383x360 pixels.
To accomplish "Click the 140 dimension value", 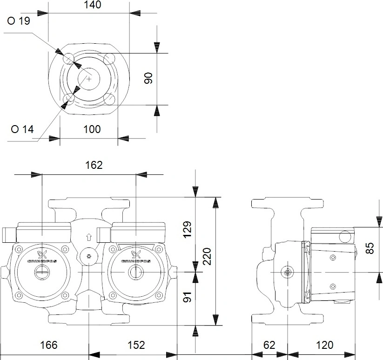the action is point(92,5).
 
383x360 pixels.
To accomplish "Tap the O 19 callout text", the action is point(19,21).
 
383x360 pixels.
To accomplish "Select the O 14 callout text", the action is point(22,129).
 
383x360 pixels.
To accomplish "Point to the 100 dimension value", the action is point(92,129).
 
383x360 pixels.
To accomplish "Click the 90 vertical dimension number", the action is point(148,78).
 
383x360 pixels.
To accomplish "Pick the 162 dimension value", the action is point(94,165).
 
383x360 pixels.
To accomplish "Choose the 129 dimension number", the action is point(187,229).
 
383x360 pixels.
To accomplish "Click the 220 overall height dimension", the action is point(207,256).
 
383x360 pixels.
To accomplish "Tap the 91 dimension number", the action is point(187,297).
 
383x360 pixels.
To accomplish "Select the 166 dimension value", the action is point(49,345).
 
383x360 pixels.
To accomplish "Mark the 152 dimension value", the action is point(136,345).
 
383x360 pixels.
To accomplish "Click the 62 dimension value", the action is point(269,345).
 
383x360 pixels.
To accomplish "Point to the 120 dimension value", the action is point(325,345).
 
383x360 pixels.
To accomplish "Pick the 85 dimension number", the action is point(370,248).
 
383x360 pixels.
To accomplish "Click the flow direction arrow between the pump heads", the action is point(89,237).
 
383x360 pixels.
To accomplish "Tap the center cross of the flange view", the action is point(89,79).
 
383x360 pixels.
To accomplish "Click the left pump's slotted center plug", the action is point(42,272).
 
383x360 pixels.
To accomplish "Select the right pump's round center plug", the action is point(135,272).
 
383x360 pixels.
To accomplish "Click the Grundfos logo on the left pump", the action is point(42,257).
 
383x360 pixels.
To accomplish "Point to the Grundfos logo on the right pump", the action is point(136,257).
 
